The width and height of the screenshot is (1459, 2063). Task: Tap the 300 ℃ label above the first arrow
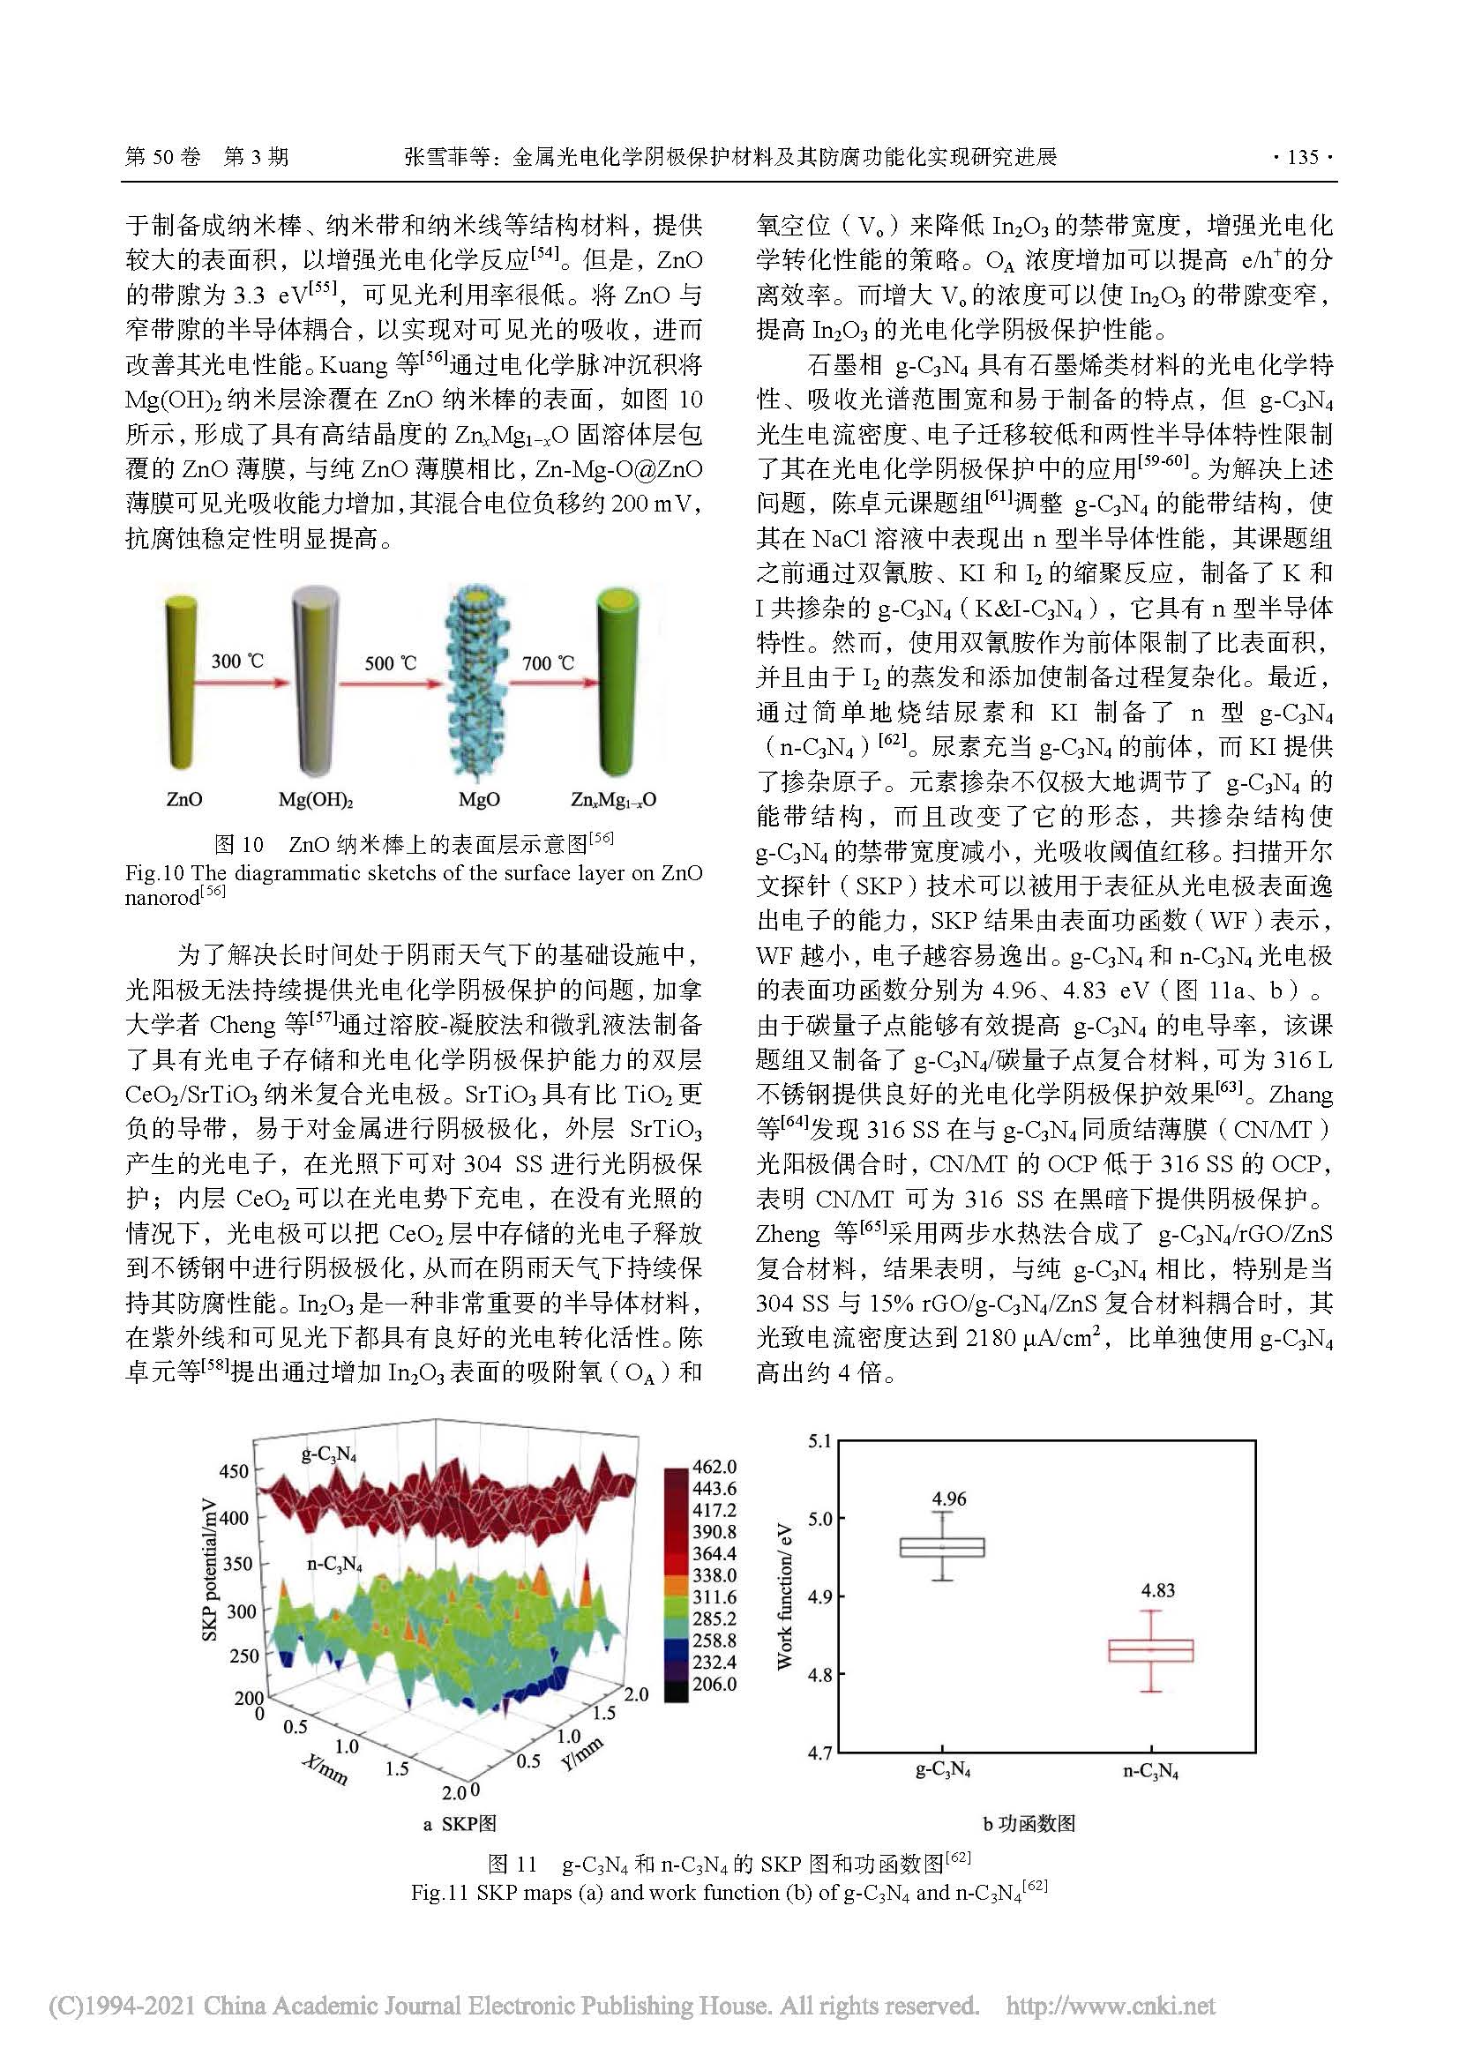pyautogui.click(x=237, y=662)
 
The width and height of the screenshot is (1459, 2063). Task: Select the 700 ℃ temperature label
pyautogui.click(x=547, y=663)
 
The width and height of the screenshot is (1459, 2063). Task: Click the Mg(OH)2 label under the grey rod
pyautogui.click(x=315, y=799)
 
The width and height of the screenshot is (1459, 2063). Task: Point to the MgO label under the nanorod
pyautogui.click(x=479, y=799)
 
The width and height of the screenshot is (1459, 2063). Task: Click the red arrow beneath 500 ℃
pyautogui.click(x=392, y=683)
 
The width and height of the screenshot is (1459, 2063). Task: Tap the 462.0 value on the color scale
pyautogui.click(x=715, y=1468)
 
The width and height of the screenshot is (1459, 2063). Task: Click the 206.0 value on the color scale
pyautogui.click(x=715, y=1684)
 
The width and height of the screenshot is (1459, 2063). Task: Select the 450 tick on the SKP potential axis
pyautogui.click(x=234, y=1472)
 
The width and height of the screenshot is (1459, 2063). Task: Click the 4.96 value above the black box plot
pyautogui.click(x=949, y=1499)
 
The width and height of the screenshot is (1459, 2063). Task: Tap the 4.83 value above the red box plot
pyautogui.click(x=1157, y=1590)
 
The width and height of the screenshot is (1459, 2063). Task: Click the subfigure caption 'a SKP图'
pyautogui.click(x=459, y=1823)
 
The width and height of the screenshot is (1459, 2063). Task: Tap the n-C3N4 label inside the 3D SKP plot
pyautogui.click(x=334, y=1565)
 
